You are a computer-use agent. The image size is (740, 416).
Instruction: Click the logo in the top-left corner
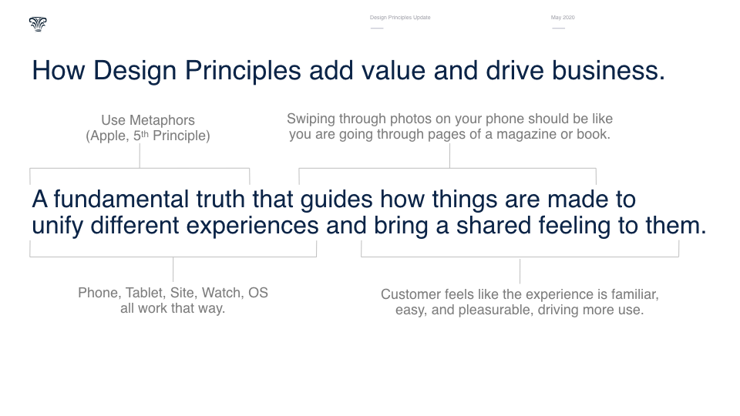[x=38, y=24]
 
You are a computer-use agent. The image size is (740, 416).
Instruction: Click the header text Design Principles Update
[x=400, y=18]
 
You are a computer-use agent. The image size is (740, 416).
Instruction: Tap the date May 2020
[x=563, y=18]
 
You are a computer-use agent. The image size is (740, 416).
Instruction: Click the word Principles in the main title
[x=243, y=71]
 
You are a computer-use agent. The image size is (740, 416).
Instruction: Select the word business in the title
[x=608, y=71]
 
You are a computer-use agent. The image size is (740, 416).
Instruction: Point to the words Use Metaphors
[x=148, y=120]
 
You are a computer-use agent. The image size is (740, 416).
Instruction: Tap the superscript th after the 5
[x=145, y=133]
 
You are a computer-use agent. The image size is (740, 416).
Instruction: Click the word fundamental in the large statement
[x=121, y=199]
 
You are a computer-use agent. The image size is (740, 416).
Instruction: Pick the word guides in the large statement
[x=337, y=200]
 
